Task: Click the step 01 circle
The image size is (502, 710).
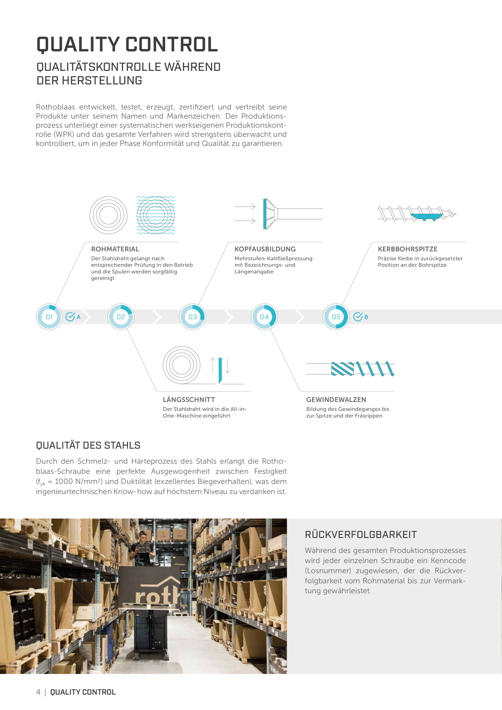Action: pyautogui.click(x=49, y=317)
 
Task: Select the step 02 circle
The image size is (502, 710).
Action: pyautogui.click(x=121, y=317)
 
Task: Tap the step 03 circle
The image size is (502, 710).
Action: pyautogui.click(x=193, y=317)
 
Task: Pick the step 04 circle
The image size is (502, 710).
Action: pyautogui.click(x=264, y=317)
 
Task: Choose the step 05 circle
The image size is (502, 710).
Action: pyautogui.click(x=336, y=317)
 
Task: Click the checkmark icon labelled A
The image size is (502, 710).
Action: pyautogui.click(x=70, y=317)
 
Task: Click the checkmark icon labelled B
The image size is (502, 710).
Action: pyautogui.click(x=358, y=317)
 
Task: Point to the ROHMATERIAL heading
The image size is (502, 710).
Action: pyautogui.click(x=115, y=249)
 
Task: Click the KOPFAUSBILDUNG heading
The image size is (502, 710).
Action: pyautogui.click(x=265, y=249)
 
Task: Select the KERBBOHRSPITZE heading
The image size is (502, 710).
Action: pyautogui.click(x=408, y=249)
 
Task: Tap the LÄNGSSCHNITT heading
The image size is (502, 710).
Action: pyautogui.click(x=189, y=400)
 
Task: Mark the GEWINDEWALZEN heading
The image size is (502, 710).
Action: pyautogui.click(x=336, y=400)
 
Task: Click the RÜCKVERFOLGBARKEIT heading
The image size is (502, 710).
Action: pyautogui.click(x=361, y=535)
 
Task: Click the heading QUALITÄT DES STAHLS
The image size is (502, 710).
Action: pyautogui.click(x=88, y=445)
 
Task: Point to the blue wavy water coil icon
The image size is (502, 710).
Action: pyautogui.click(x=155, y=215)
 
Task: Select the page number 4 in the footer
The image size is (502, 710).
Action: pyautogui.click(x=38, y=692)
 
